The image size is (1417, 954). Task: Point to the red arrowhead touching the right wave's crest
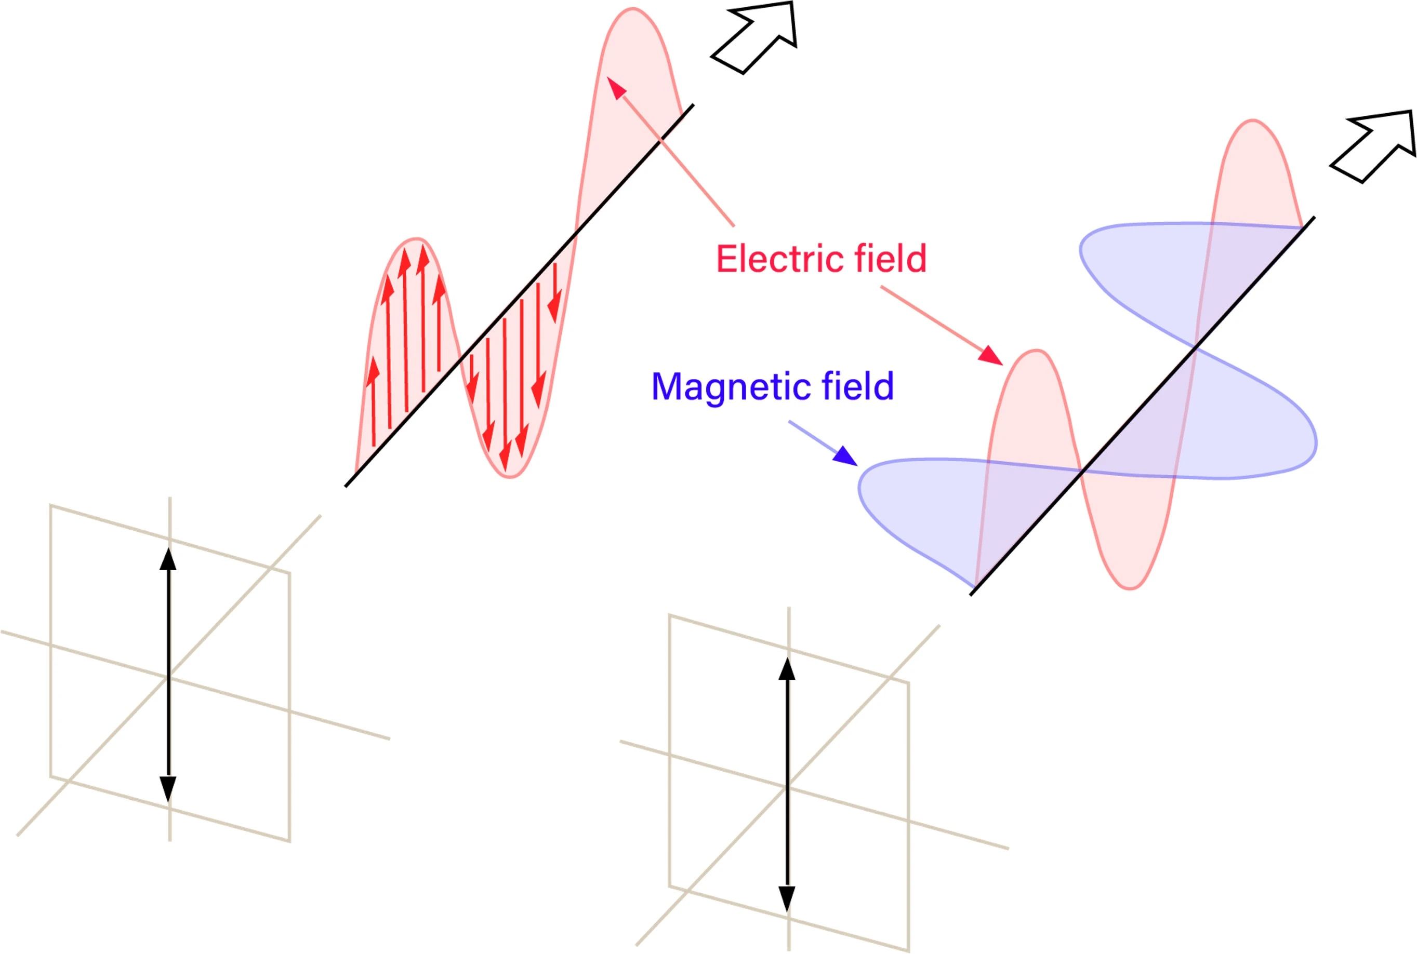[991, 355]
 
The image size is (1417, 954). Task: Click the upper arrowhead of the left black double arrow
[168, 558]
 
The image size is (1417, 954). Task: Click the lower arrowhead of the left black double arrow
[168, 789]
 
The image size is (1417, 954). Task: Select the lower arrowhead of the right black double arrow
[787, 898]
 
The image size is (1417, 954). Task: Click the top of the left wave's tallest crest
[633, 8]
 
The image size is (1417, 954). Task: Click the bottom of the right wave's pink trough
[1130, 589]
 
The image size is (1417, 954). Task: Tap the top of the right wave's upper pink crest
[1253, 120]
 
